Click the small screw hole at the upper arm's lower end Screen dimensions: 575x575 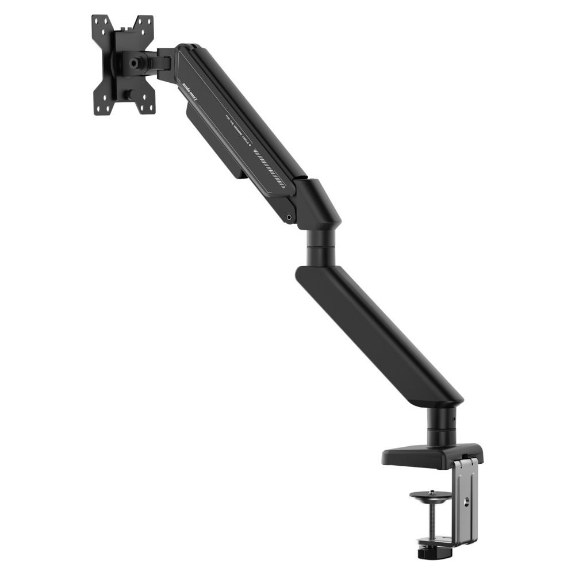(289, 218)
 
